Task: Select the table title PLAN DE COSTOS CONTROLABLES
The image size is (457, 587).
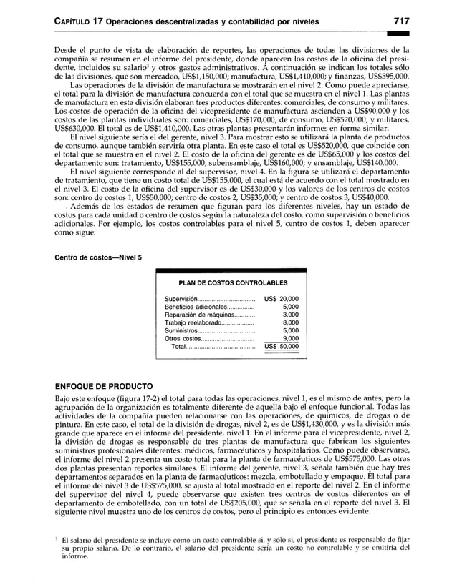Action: pyautogui.click(x=228, y=283)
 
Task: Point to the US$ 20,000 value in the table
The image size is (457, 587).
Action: pyautogui.click(x=282, y=299)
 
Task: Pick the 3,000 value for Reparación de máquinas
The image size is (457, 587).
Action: pyautogui.click(x=290, y=315)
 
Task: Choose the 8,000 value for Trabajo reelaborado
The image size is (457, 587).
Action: pyautogui.click(x=290, y=322)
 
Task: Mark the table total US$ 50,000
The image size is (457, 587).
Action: pyautogui.click(x=282, y=347)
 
